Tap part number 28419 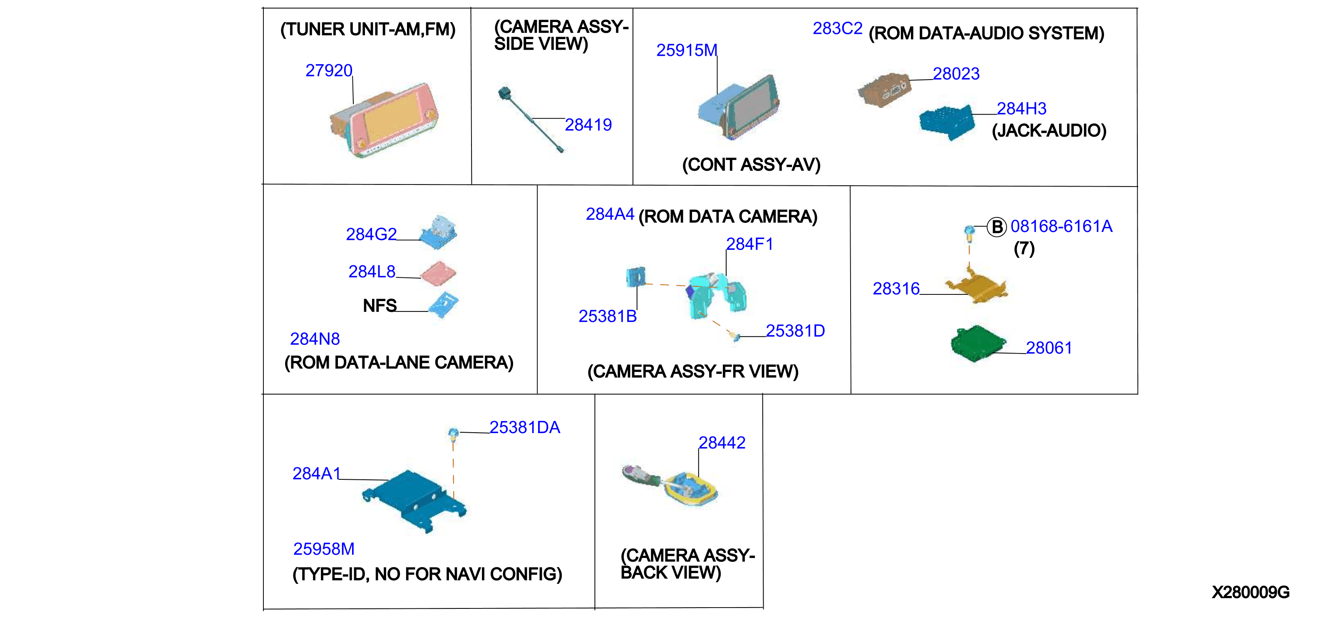tap(588, 125)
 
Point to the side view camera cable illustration tap(531, 120)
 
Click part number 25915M tap(687, 50)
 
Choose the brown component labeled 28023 tap(884, 90)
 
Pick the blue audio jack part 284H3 tap(946, 122)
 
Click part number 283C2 tap(837, 28)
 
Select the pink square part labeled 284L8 tap(438, 273)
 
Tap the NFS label tap(380, 306)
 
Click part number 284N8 tap(315, 339)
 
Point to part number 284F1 tap(749, 244)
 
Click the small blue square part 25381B tap(636, 277)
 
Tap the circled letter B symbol tap(997, 227)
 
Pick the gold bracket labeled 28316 tap(976, 287)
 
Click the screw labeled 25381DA tap(453, 434)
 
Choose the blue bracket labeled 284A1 tap(414, 501)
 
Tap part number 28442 tap(722, 443)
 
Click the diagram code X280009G tap(1251, 592)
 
